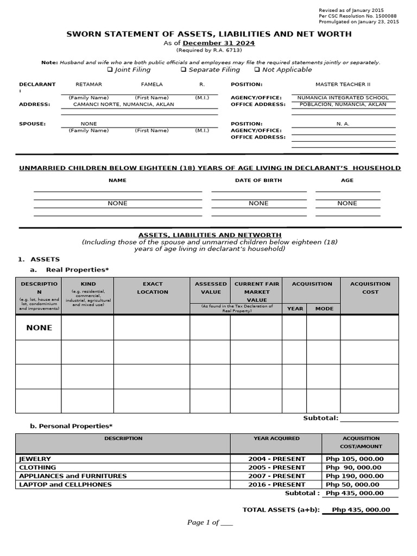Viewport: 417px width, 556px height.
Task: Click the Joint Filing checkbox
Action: click(x=110, y=70)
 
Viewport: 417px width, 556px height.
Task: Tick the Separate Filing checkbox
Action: click(x=184, y=70)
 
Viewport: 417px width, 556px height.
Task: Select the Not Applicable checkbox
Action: click(x=257, y=70)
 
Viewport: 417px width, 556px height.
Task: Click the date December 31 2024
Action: click(x=218, y=43)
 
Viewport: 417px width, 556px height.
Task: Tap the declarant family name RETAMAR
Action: click(x=89, y=85)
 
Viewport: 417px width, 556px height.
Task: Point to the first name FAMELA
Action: click(x=151, y=85)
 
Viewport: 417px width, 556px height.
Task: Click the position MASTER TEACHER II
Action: click(x=343, y=85)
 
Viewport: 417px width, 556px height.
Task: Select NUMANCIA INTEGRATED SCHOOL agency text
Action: click(x=343, y=98)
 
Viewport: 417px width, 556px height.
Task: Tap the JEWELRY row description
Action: click(x=35, y=459)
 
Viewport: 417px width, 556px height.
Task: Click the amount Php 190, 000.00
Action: click(x=354, y=476)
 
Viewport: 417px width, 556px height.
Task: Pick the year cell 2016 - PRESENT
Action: click(x=276, y=485)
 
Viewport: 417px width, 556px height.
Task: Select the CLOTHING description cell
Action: click(x=37, y=467)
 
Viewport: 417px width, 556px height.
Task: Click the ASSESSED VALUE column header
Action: click(x=210, y=288)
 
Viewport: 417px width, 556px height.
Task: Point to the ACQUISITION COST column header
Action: click(x=370, y=288)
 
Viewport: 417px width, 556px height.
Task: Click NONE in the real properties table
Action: click(x=39, y=328)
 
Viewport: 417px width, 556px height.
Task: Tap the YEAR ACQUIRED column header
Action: click(x=276, y=438)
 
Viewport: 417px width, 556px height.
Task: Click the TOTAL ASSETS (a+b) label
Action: click(x=281, y=510)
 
